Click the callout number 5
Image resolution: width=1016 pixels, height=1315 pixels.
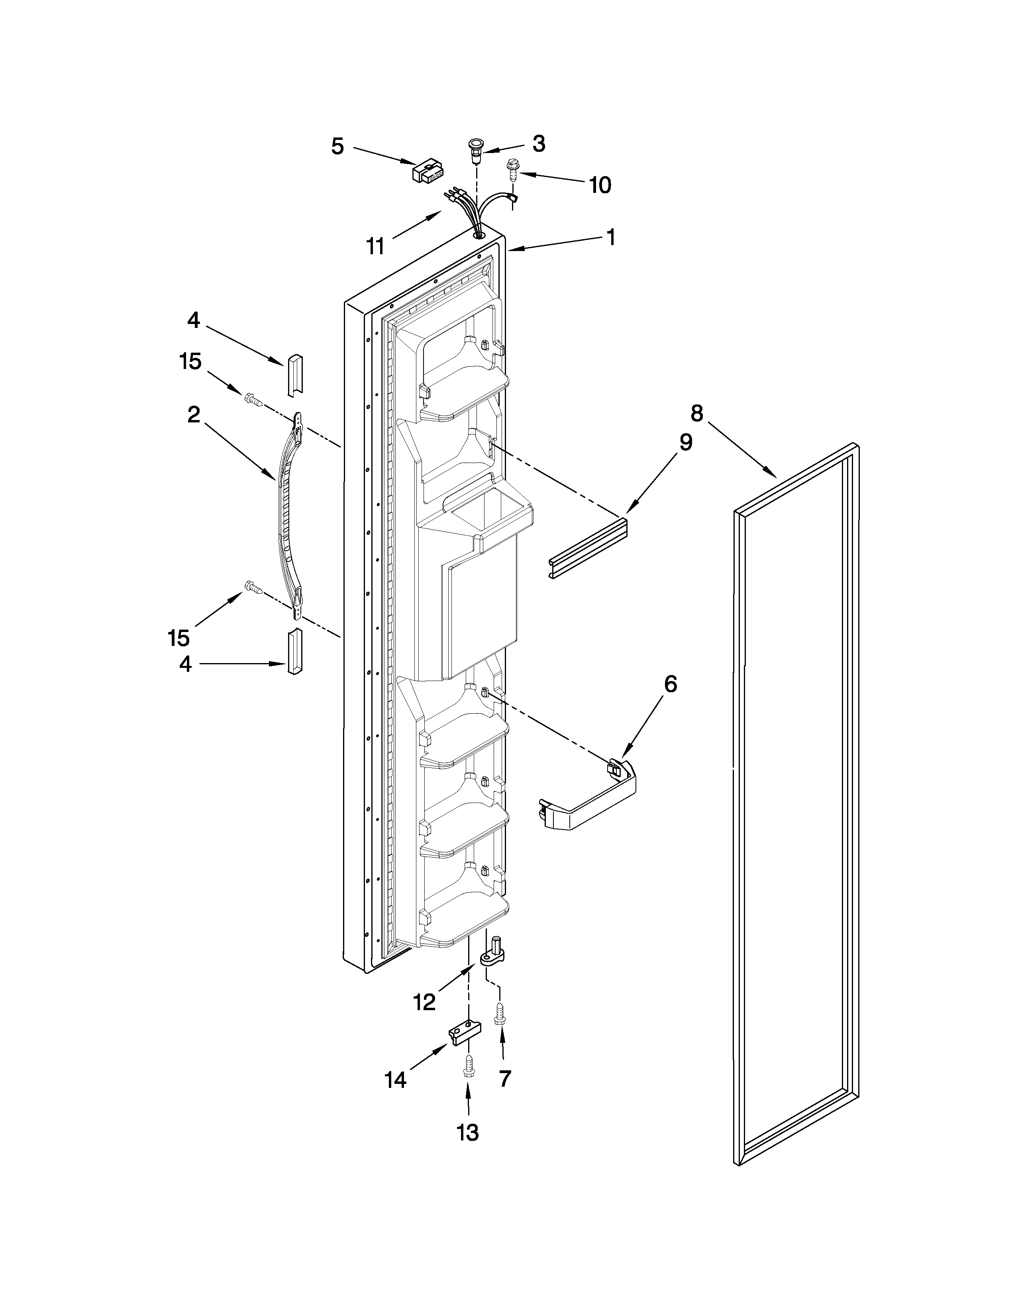[x=337, y=146]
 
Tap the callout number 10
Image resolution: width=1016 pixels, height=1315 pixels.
[x=600, y=185]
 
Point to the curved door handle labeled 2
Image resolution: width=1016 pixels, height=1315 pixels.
[x=288, y=512]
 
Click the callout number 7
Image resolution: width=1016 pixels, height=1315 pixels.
[x=504, y=1079]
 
